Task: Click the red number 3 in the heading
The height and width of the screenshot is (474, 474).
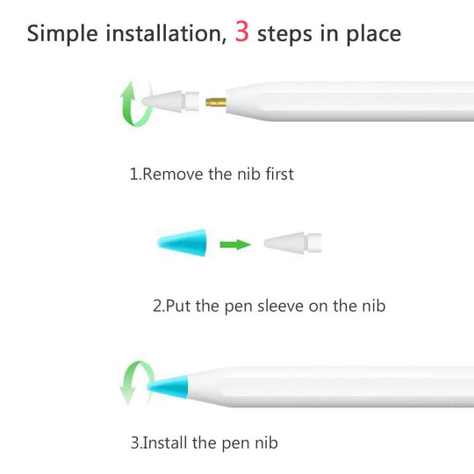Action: pos(242,32)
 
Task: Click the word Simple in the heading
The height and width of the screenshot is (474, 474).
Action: pos(62,33)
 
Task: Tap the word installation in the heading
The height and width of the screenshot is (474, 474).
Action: pos(166,33)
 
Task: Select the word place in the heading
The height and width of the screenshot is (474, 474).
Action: pos(374,34)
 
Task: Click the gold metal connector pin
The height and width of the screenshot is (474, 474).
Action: pos(216,102)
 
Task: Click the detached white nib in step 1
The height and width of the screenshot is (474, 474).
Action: pos(170,102)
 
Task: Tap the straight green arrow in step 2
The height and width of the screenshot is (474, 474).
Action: pos(235,244)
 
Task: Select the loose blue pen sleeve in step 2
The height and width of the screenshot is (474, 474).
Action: pos(183,243)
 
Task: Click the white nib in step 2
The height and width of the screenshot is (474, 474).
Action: pos(292,243)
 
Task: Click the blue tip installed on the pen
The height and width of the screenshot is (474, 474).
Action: pos(168,387)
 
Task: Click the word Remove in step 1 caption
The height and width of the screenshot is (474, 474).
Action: pos(173,174)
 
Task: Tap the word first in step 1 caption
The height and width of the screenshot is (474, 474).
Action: pos(280,174)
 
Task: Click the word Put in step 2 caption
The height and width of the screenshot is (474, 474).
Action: pos(178,306)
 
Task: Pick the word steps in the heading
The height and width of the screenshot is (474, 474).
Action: pos(284,34)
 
